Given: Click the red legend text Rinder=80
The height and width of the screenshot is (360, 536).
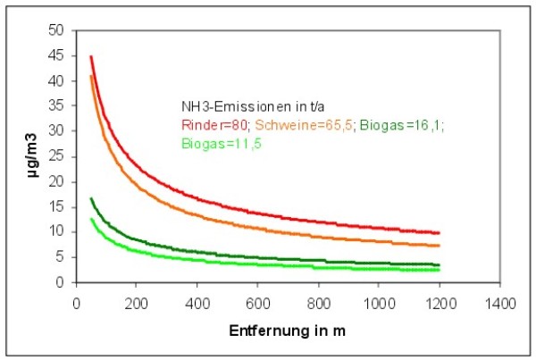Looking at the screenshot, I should point(210,125).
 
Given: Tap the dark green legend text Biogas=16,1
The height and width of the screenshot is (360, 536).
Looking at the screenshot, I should point(399,125).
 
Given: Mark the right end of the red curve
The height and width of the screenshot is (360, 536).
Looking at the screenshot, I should point(439,232).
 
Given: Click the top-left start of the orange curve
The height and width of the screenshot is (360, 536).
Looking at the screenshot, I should point(91,75).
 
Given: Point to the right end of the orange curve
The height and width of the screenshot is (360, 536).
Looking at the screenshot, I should point(439,246).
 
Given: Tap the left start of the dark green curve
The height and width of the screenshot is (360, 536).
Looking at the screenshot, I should point(91,198).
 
